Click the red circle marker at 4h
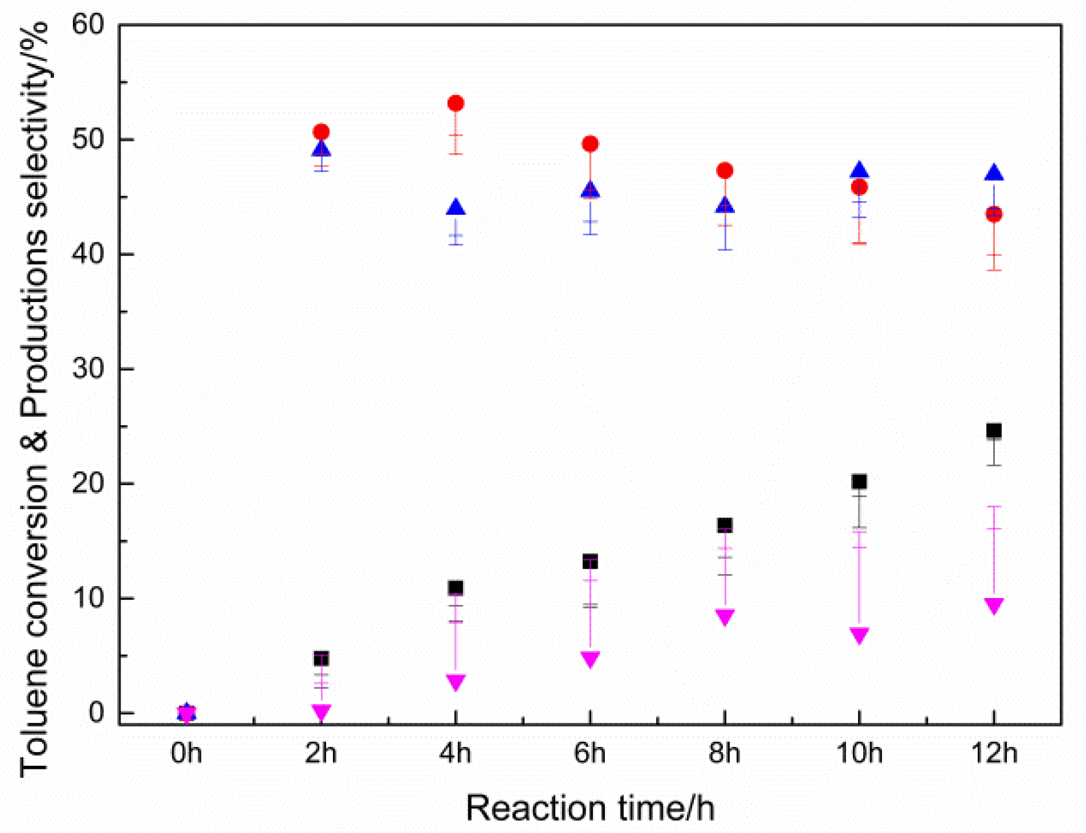[x=455, y=103]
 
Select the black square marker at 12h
[x=994, y=430]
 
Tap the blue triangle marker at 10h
[x=859, y=171]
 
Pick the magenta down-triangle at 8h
[x=725, y=617]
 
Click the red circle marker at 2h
[x=321, y=132]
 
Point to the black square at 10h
[x=859, y=482]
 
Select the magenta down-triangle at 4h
[x=455, y=682]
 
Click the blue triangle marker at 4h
[x=455, y=207]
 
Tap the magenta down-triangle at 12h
[x=994, y=606]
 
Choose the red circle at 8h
[x=725, y=170]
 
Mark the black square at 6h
[x=590, y=561]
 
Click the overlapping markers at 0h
[x=187, y=713]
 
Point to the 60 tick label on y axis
[x=87, y=25]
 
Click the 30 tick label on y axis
[x=87, y=369]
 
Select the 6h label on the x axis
[x=590, y=753]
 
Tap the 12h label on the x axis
[x=994, y=753]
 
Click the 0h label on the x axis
[x=187, y=753]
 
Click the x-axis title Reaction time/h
[x=590, y=808]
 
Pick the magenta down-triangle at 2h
[x=321, y=712]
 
